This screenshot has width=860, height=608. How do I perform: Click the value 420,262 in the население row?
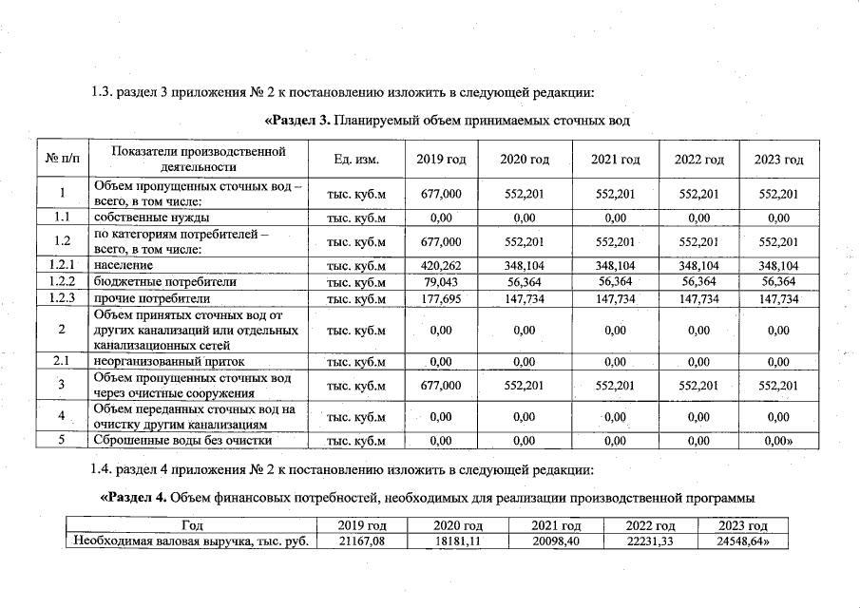click(440, 266)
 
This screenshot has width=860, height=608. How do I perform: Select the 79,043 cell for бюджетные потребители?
click(440, 282)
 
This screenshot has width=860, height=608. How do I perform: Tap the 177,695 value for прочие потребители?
click(440, 298)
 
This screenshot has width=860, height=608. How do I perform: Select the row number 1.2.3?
click(62, 298)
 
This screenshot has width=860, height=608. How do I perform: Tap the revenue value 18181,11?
click(459, 541)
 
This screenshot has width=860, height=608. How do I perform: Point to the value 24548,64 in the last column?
click(743, 541)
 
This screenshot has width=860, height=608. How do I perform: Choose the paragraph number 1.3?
click(102, 93)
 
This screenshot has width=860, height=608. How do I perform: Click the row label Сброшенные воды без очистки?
click(182, 440)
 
